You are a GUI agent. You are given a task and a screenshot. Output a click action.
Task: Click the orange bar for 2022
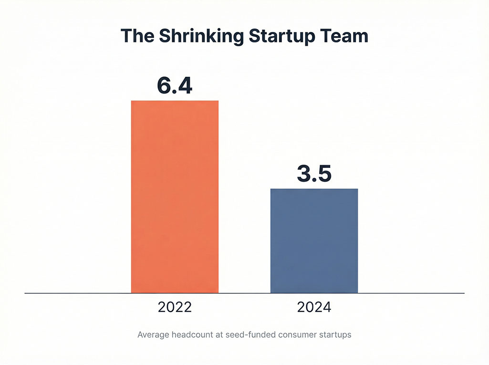[175, 197]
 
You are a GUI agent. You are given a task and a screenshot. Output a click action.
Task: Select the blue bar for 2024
[314, 240]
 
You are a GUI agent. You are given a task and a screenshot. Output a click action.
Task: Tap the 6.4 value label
[175, 85]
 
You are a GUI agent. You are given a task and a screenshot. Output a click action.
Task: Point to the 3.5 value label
[314, 173]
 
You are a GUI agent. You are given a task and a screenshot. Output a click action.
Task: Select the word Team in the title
[346, 36]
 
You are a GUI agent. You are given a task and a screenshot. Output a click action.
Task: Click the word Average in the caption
[152, 335]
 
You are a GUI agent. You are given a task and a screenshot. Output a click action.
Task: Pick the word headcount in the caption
[191, 335]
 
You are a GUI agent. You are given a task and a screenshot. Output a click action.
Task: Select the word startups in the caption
[335, 335]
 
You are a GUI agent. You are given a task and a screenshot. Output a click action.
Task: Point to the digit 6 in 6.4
[164, 85]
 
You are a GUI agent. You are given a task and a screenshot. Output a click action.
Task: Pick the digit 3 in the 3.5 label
[304, 173]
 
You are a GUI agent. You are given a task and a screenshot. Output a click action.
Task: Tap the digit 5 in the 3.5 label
[324, 173]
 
